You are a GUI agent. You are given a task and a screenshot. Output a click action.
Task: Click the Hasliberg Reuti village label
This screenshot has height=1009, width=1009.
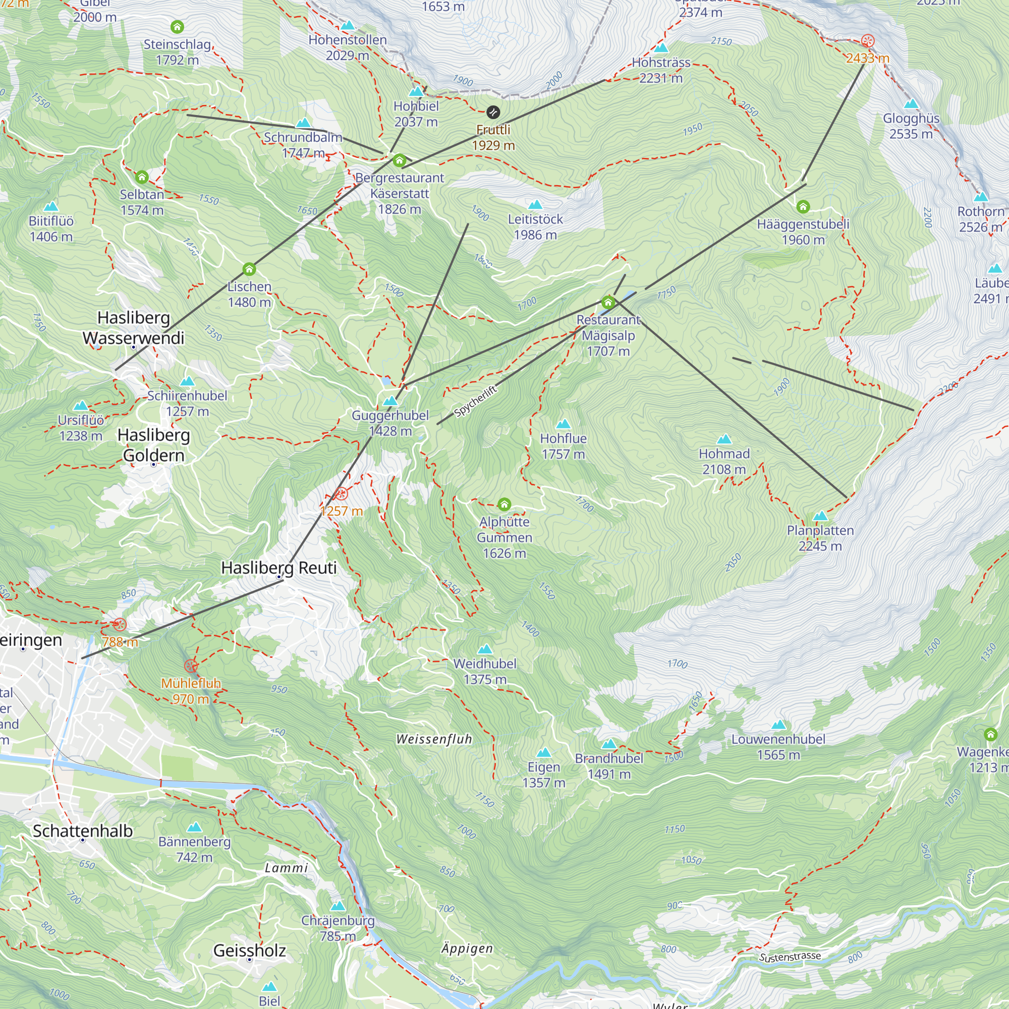(x=278, y=568)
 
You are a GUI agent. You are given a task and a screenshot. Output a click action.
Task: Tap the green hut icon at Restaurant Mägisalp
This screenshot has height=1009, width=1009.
(x=607, y=302)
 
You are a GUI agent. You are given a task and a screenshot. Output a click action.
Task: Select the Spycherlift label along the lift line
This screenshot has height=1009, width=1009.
(x=475, y=401)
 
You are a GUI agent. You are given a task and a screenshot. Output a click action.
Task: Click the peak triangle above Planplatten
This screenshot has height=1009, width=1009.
(x=820, y=516)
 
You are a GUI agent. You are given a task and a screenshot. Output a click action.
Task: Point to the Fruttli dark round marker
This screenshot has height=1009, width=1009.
(x=493, y=112)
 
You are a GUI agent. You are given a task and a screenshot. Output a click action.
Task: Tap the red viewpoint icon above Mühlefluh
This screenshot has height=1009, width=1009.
(x=191, y=666)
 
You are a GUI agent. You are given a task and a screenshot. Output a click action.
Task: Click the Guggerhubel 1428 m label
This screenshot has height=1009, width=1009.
(x=390, y=423)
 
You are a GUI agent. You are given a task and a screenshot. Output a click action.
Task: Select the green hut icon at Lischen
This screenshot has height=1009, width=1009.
(x=249, y=269)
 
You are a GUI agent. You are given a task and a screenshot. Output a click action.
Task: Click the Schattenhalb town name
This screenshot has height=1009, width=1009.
(x=83, y=830)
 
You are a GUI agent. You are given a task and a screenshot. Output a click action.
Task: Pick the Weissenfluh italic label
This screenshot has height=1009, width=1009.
(x=434, y=739)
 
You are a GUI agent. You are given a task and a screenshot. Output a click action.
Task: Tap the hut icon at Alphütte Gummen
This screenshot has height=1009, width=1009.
(x=504, y=504)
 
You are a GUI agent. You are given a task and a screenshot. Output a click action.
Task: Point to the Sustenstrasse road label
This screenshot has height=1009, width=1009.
(x=790, y=957)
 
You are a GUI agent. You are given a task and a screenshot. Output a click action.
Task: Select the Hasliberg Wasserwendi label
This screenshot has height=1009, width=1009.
(x=134, y=327)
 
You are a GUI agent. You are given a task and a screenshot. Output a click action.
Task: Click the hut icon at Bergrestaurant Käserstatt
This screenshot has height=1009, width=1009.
(x=400, y=160)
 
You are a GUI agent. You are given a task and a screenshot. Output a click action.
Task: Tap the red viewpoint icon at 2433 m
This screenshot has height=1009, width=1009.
(x=867, y=41)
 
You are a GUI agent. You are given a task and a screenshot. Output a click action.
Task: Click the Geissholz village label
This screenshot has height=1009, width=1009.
(x=249, y=950)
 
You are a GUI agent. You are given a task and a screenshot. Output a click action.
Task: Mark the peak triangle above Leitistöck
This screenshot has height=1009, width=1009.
(x=535, y=204)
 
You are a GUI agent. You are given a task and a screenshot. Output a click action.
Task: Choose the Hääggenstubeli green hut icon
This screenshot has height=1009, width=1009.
(x=803, y=207)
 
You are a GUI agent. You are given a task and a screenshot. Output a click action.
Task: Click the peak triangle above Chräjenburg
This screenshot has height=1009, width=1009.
(x=338, y=906)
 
